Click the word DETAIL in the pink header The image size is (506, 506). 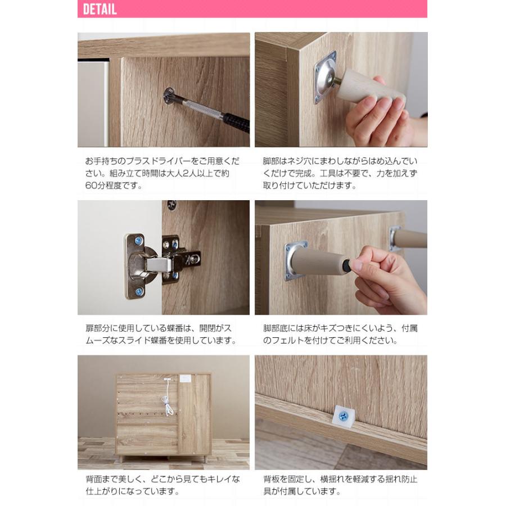(100, 10)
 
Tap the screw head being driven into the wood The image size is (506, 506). (168, 96)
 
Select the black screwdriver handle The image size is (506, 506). (236, 121)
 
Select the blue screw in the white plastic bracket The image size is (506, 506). (343, 415)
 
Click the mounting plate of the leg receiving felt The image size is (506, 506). (296, 260)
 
